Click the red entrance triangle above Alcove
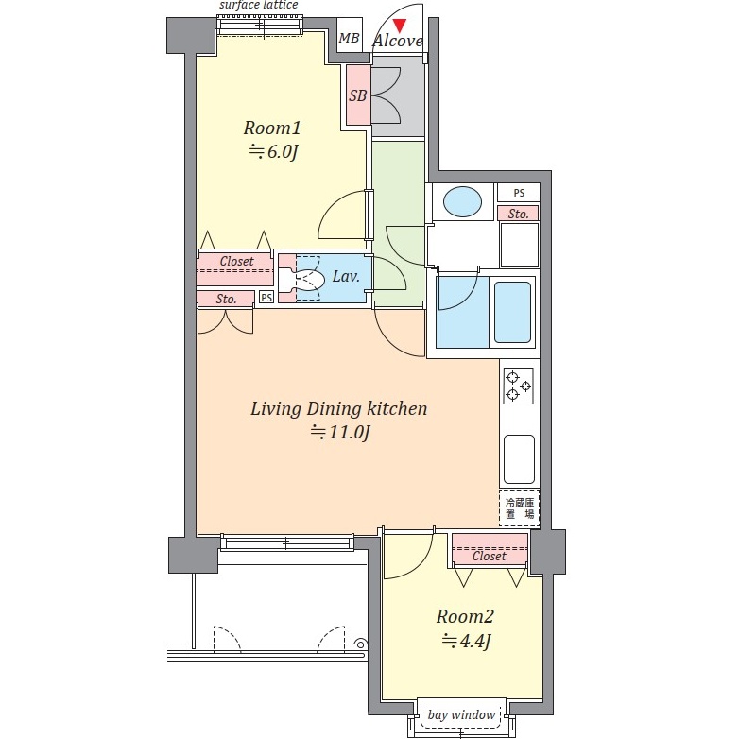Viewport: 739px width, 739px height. pyautogui.click(x=400, y=26)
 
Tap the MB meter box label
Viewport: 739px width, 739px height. pyautogui.click(x=350, y=38)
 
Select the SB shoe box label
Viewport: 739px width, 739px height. pyautogui.click(x=358, y=95)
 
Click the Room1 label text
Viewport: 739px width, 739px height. pyautogui.click(x=272, y=128)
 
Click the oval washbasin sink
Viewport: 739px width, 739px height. pyautogui.click(x=462, y=201)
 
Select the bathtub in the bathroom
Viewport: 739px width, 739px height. pyautogui.click(x=513, y=312)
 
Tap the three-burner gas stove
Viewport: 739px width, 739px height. pyautogui.click(x=519, y=386)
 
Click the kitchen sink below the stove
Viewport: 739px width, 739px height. pyautogui.click(x=519, y=459)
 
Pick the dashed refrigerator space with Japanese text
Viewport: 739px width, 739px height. pyautogui.click(x=520, y=508)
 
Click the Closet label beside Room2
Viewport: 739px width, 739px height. pyautogui.click(x=490, y=556)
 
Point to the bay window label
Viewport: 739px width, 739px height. pyautogui.click(x=461, y=715)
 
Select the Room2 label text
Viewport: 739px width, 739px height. pyautogui.click(x=465, y=616)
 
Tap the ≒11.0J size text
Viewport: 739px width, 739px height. pyautogui.click(x=340, y=432)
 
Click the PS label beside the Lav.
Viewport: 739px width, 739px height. pyautogui.click(x=266, y=298)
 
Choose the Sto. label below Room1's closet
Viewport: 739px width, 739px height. pyautogui.click(x=226, y=299)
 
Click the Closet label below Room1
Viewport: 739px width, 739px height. pyautogui.click(x=236, y=261)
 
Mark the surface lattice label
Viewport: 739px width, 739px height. pyautogui.click(x=258, y=5)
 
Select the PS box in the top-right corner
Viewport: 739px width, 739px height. pyautogui.click(x=519, y=193)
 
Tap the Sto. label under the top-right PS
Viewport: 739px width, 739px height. pyautogui.click(x=518, y=214)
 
